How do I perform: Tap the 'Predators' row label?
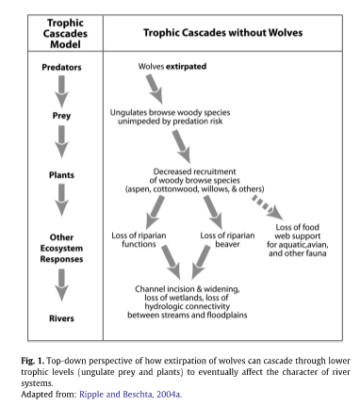click(62, 68)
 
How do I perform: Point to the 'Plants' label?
click(62, 175)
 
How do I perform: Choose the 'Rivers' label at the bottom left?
click(62, 318)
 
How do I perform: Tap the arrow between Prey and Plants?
click(62, 146)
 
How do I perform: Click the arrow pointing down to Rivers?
click(62, 285)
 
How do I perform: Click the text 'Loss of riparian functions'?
click(141, 239)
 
